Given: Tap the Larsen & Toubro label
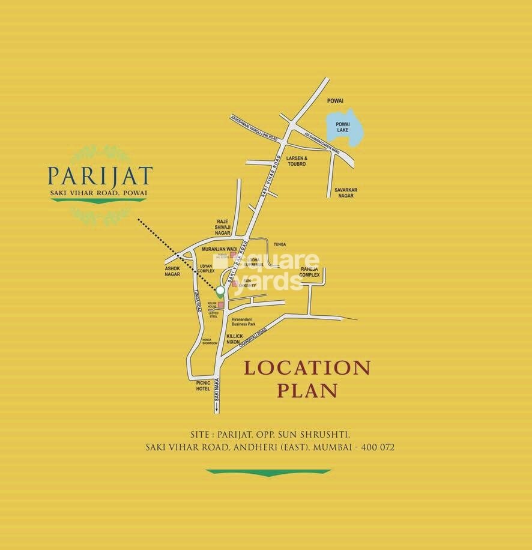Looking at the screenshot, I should [x=297, y=160].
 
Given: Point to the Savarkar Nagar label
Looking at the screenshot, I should [x=346, y=193].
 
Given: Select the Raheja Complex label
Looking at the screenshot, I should [x=310, y=271].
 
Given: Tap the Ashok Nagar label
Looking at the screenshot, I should [x=172, y=271].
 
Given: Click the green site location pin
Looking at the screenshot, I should [x=220, y=292].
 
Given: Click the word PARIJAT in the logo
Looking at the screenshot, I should [x=100, y=177].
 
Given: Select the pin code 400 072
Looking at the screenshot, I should [x=376, y=447].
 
